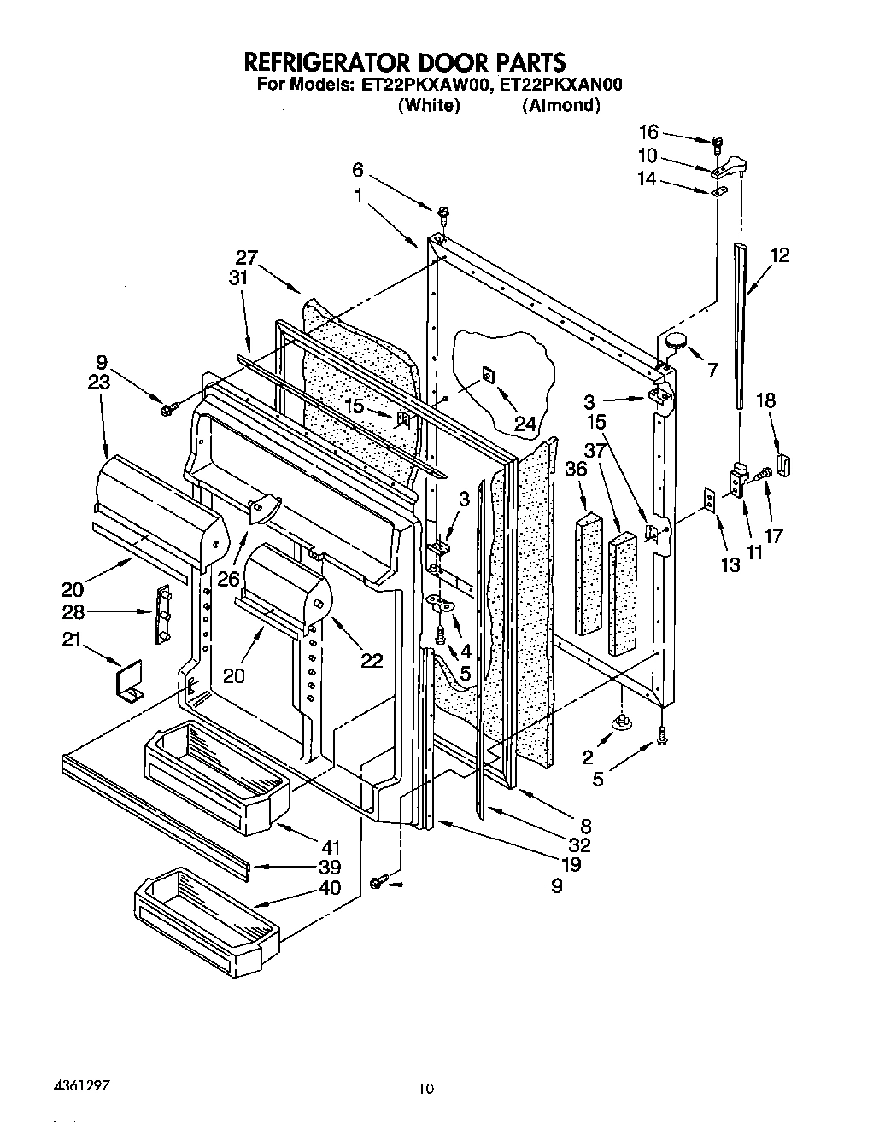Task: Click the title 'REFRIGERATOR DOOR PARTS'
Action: click(x=405, y=61)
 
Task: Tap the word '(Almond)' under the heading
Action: click(x=560, y=105)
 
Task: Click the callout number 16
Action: click(x=649, y=131)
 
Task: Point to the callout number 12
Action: click(x=778, y=254)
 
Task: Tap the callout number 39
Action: click(x=330, y=867)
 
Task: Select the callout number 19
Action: click(x=571, y=864)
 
